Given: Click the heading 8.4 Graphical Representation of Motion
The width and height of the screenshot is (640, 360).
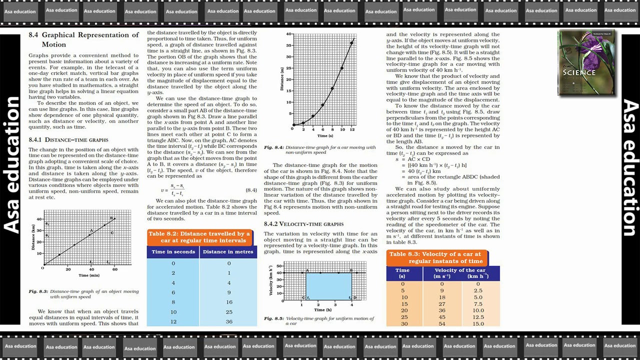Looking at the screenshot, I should click(x=83, y=39).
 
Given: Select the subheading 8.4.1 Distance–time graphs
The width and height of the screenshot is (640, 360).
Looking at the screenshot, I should click(x=68, y=139).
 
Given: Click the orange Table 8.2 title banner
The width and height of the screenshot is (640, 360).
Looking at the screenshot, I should click(x=199, y=237).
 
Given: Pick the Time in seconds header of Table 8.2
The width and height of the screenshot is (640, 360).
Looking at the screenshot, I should click(x=173, y=251).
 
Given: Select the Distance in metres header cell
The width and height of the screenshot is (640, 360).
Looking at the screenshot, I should click(x=228, y=251).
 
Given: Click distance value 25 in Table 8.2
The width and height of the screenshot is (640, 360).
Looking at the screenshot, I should click(x=228, y=312).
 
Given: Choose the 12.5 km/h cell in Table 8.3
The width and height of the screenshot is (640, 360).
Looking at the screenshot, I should click(x=478, y=316).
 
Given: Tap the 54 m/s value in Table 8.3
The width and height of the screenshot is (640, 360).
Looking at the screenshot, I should click(x=441, y=323).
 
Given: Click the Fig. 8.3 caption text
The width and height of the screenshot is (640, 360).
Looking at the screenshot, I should click(x=83, y=294).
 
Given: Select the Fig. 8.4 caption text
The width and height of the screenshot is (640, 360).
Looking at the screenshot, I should click(x=320, y=149).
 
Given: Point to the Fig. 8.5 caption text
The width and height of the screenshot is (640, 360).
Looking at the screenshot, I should click(x=319, y=321).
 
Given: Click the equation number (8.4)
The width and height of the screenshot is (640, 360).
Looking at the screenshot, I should click(x=251, y=190).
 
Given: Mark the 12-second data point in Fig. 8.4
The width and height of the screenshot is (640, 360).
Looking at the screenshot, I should click(x=351, y=43).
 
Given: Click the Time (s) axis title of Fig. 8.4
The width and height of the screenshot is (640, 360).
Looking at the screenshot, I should click(x=324, y=135).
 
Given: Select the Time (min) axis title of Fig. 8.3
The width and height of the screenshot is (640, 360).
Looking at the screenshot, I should click(x=89, y=275).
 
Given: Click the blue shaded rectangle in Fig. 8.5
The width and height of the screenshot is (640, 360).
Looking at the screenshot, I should click(x=328, y=286).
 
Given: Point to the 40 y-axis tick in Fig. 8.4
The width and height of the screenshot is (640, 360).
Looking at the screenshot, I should click(x=289, y=34).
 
